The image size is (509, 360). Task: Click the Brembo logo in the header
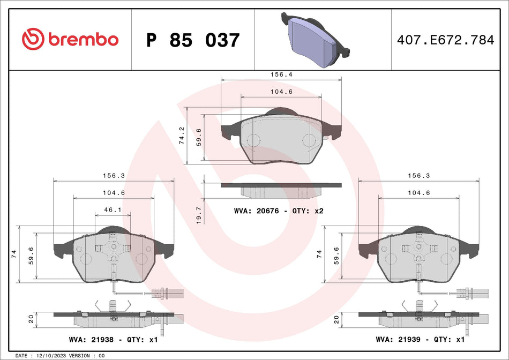tap(70, 39)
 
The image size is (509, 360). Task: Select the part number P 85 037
tap(193, 40)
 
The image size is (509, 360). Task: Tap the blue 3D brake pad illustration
tap(314, 39)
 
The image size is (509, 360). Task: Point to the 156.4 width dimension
tap(281, 75)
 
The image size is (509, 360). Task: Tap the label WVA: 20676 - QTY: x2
tap(279, 211)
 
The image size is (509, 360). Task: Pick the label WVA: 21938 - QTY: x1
tap(113, 339)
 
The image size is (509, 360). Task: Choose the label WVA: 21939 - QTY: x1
tap(420, 339)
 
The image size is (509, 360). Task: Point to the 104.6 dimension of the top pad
tap(281, 92)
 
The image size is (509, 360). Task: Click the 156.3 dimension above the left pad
tap(114, 175)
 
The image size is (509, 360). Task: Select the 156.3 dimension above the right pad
tap(420, 175)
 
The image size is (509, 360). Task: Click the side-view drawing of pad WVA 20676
tap(281, 189)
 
